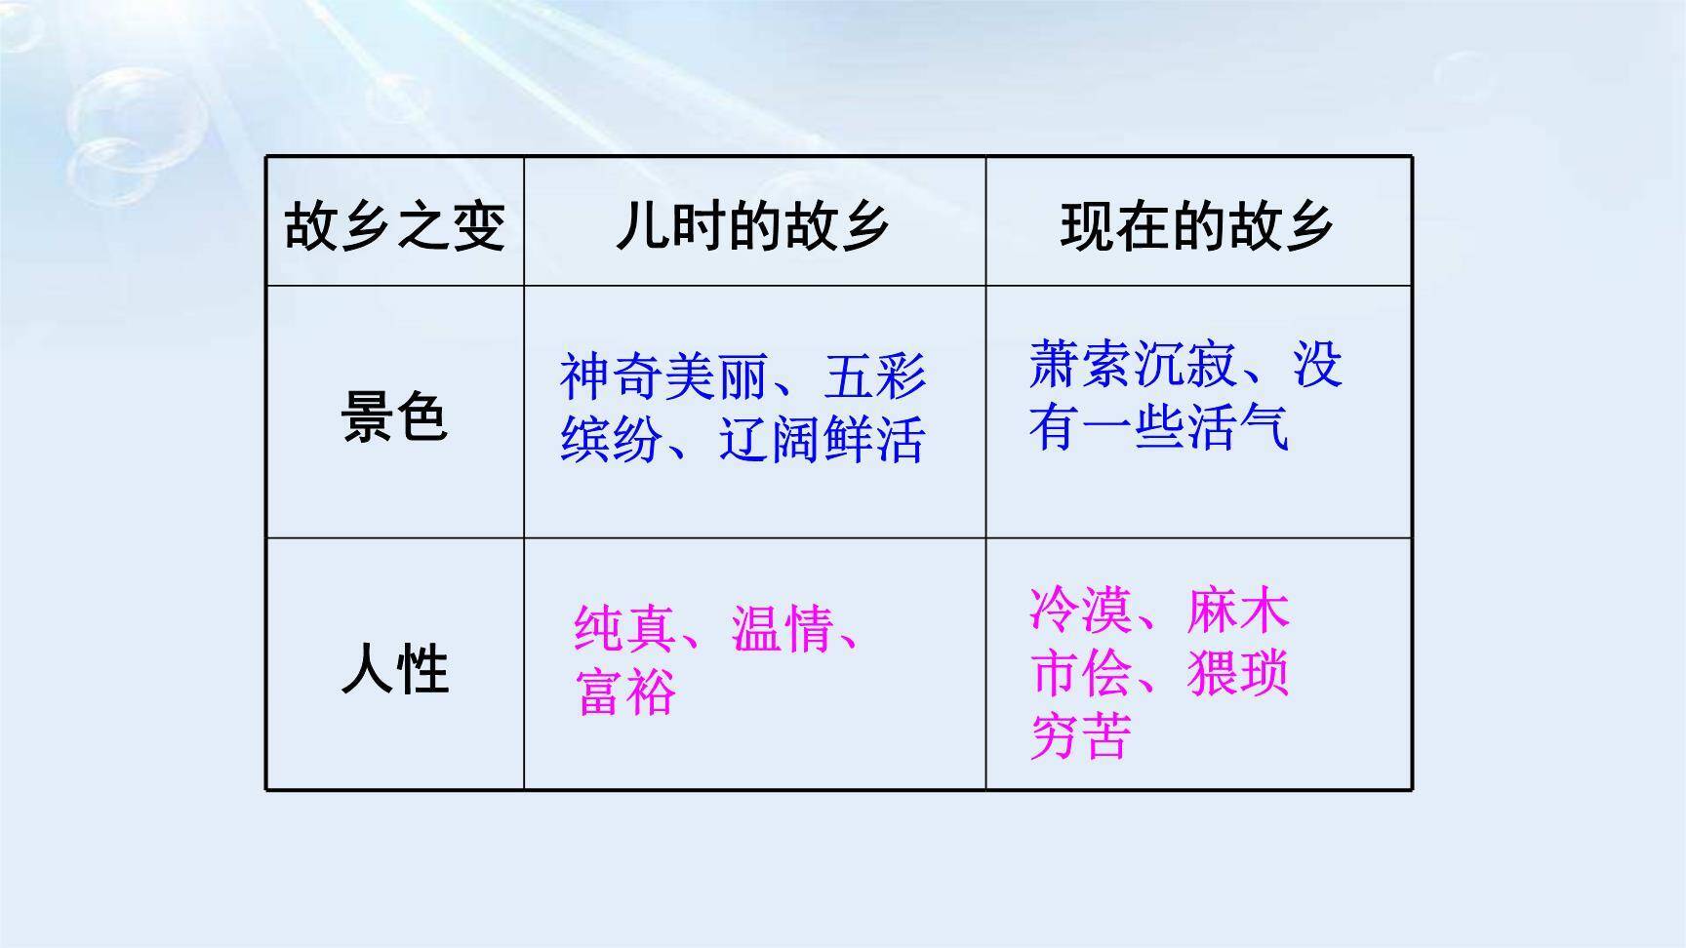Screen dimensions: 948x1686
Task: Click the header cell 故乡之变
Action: coord(394,226)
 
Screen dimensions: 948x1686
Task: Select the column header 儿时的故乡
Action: coord(752,226)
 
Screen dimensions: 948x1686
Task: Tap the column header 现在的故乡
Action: coord(1197,226)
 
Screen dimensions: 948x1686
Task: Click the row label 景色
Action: coord(394,416)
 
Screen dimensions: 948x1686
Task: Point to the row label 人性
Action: coord(394,669)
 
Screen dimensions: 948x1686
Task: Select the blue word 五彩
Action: coord(874,376)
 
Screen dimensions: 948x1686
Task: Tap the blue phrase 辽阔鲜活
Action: coord(822,440)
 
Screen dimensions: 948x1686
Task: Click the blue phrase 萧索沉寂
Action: coord(1132,365)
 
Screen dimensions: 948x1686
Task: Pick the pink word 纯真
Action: coord(624,629)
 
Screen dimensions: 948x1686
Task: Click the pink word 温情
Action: coord(783,629)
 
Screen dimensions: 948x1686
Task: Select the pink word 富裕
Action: coord(625,693)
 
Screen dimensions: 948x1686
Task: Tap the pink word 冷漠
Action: coord(1080,611)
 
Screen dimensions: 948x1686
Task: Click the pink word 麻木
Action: coord(1238,611)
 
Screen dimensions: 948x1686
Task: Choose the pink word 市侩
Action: coord(1080,674)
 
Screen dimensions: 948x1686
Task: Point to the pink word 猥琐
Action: coord(1238,674)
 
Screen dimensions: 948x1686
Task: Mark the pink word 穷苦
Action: coord(1080,737)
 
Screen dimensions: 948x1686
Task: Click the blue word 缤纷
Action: coord(612,440)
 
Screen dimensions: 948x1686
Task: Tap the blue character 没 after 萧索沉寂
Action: coord(1317,365)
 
